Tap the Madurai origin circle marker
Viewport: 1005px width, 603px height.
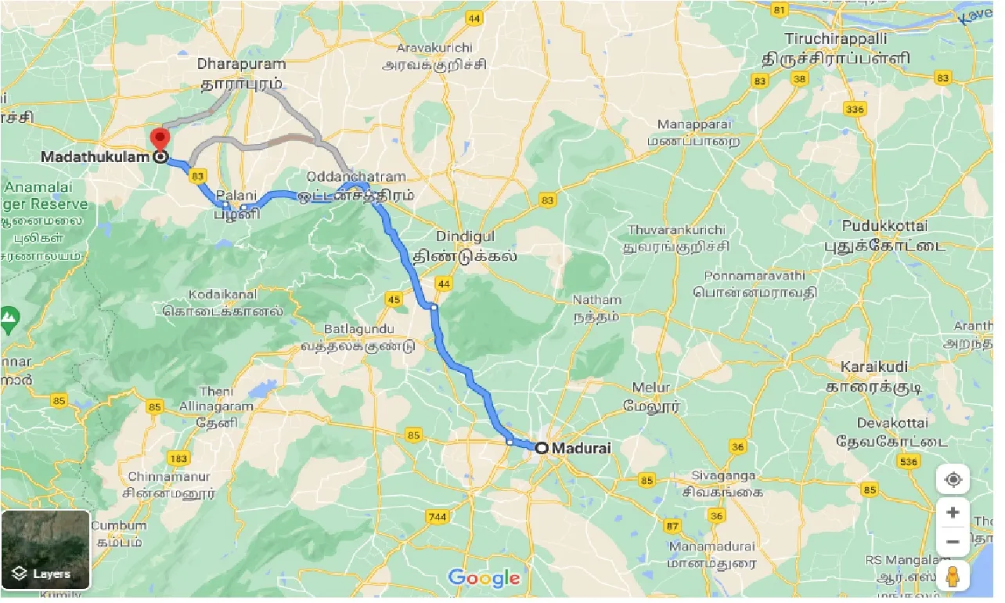click(541, 448)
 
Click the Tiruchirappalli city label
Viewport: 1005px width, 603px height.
click(837, 38)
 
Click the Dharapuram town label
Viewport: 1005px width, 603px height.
click(241, 63)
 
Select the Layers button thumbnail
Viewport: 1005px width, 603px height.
click(45, 550)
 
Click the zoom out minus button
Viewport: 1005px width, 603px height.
click(953, 541)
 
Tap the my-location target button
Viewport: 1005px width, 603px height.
click(953, 479)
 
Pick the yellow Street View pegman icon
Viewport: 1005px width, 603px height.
click(953, 576)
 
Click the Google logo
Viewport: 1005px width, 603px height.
click(484, 578)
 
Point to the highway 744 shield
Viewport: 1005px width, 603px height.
click(438, 517)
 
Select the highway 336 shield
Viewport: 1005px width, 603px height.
click(856, 109)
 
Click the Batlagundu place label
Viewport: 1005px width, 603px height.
click(358, 329)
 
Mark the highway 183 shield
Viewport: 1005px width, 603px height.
click(179, 457)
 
